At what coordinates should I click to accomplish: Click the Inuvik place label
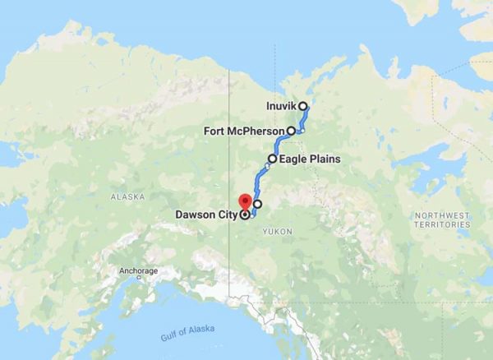click(282, 106)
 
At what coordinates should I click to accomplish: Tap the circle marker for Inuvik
click(303, 106)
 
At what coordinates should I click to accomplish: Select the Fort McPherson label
click(244, 131)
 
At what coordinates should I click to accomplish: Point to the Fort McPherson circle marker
click(291, 131)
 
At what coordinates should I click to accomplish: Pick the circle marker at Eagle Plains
click(272, 158)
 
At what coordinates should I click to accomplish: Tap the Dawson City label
click(206, 215)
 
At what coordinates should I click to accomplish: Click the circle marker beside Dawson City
click(244, 215)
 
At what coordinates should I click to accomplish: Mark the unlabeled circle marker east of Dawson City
click(258, 204)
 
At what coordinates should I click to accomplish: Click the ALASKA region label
click(127, 197)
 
